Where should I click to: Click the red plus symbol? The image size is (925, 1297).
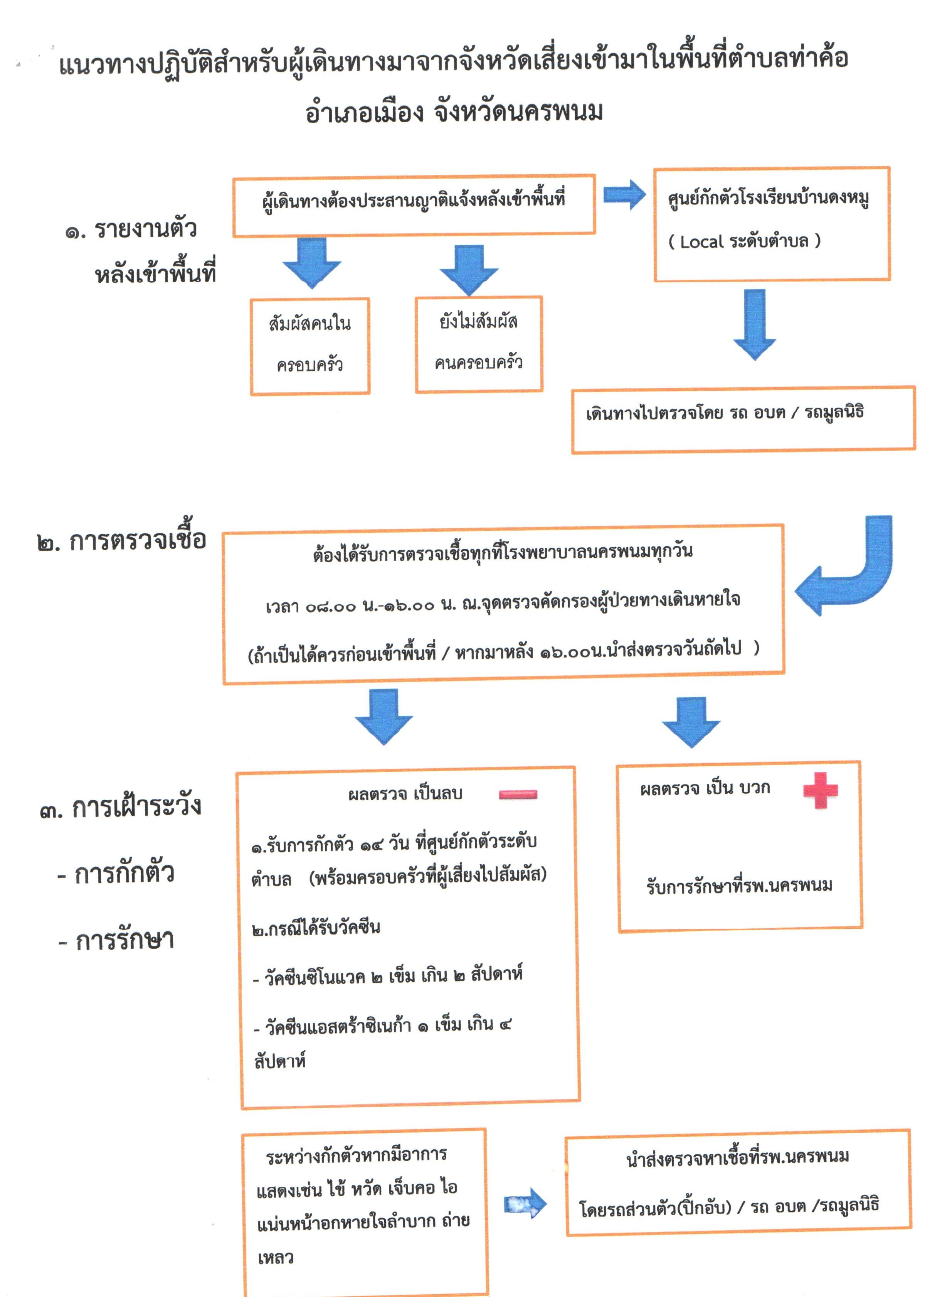[820, 790]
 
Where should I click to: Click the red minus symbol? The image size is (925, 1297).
[518, 794]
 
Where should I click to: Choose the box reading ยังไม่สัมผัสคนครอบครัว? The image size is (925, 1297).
[478, 344]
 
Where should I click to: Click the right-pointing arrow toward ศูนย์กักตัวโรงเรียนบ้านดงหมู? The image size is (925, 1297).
[624, 195]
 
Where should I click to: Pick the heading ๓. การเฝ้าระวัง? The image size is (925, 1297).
[121, 807]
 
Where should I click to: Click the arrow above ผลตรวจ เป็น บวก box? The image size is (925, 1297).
[691, 721]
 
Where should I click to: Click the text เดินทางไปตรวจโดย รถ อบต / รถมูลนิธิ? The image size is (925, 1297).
[725, 412]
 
